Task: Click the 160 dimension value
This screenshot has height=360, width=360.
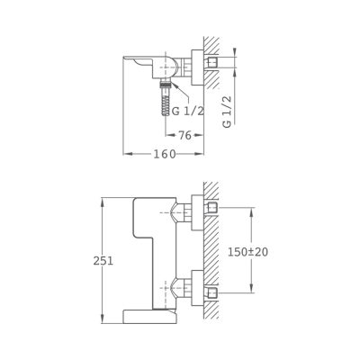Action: (x=165, y=154)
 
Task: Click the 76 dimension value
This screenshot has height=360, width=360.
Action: (x=185, y=135)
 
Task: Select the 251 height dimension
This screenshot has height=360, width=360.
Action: (x=103, y=261)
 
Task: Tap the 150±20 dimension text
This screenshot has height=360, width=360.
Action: (x=247, y=252)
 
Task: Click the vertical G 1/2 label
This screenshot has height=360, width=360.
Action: (x=228, y=112)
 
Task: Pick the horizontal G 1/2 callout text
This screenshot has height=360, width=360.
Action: (x=187, y=112)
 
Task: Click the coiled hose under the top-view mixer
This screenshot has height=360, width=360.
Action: (x=165, y=102)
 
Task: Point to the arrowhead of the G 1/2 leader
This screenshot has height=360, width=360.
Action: (x=173, y=85)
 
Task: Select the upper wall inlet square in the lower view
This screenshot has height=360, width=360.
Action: (x=212, y=208)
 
